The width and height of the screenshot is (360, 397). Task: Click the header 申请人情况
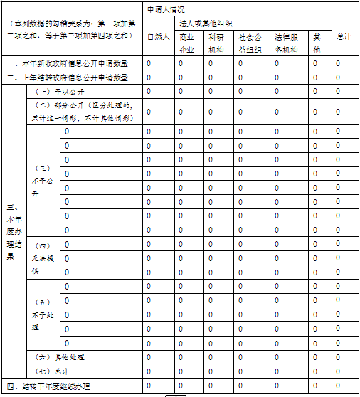click(x=164, y=10)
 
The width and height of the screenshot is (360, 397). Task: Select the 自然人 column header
click(x=158, y=36)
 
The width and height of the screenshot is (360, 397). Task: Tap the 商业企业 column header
click(x=187, y=43)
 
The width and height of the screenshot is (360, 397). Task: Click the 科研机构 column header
click(x=216, y=43)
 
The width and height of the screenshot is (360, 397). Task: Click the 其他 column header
click(x=317, y=43)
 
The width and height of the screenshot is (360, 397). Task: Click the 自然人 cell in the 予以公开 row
click(x=149, y=91)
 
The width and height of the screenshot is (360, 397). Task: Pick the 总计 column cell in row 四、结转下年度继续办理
click(x=338, y=386)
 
